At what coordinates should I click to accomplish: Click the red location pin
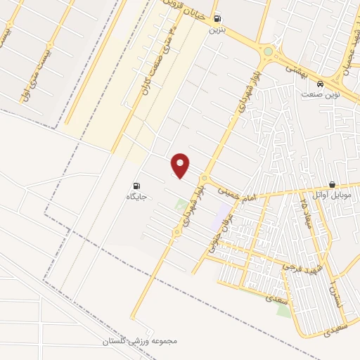pos(181,165)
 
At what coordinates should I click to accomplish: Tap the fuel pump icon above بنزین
pos(217,19)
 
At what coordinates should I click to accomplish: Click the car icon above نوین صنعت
pos(321,82)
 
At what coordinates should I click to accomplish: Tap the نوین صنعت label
pos(321,94)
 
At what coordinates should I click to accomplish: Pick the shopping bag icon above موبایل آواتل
pos(331,185)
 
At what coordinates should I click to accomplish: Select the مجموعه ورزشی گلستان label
pos(131,341)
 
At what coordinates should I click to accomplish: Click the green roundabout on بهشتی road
pos(268,51)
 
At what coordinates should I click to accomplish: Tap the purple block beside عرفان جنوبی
pos(223,211)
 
